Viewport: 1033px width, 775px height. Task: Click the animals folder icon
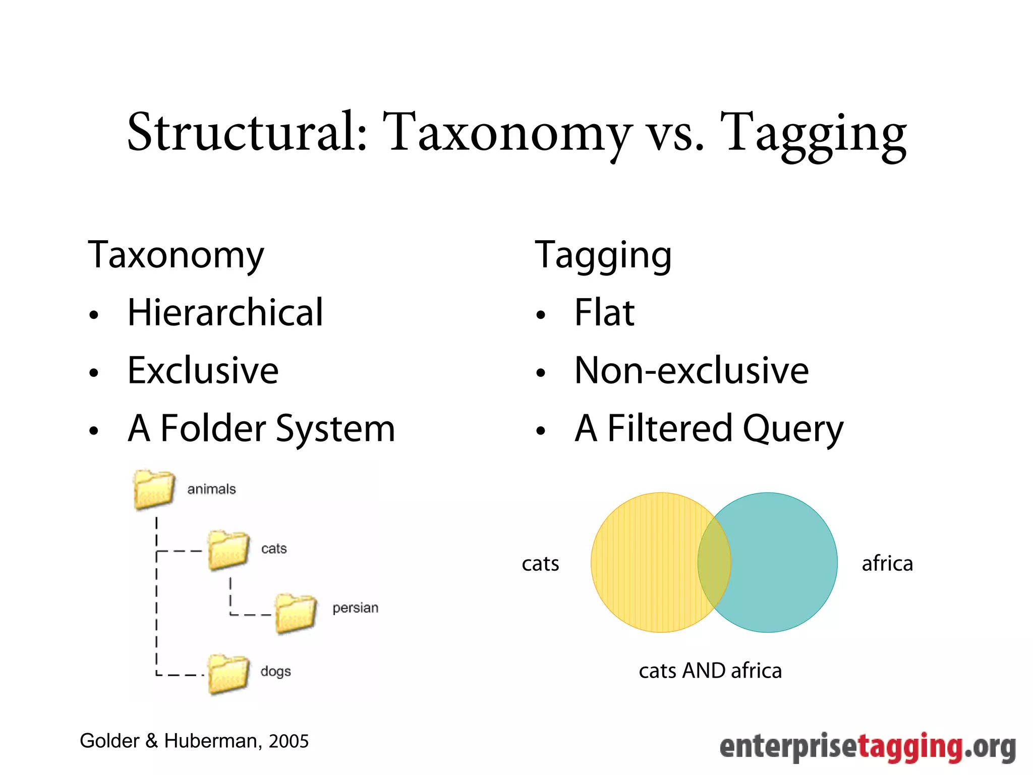tap(154, 490)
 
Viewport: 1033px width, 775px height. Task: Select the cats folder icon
tap(228, 550)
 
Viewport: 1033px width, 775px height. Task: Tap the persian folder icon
tap(296, 613)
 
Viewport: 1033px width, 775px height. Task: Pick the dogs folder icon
tap(228, 674)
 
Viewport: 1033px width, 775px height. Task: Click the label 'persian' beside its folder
tap(355, 608)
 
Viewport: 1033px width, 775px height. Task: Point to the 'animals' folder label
tap(211, 489)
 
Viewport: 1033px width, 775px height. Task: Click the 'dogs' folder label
tap(275, 672)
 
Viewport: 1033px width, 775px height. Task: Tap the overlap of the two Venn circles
tap(714, 563)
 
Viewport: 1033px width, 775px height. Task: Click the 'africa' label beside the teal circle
tap(887, 564)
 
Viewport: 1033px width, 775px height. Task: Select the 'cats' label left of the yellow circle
tap(540, 564)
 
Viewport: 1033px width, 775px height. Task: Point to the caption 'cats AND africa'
tap(710, 671)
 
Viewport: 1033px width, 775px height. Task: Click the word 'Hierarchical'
tap(225, 313)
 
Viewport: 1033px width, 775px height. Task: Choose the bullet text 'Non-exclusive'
tap(692, 370)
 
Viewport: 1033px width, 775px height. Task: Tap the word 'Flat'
tap(604, 313)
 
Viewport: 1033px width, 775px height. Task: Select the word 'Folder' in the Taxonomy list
tap(213, 428)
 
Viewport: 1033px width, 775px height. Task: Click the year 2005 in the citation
tap(289, 741)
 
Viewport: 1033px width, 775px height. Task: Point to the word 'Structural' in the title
tap(247, 132)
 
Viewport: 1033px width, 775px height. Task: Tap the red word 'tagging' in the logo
tap(910, 747)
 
